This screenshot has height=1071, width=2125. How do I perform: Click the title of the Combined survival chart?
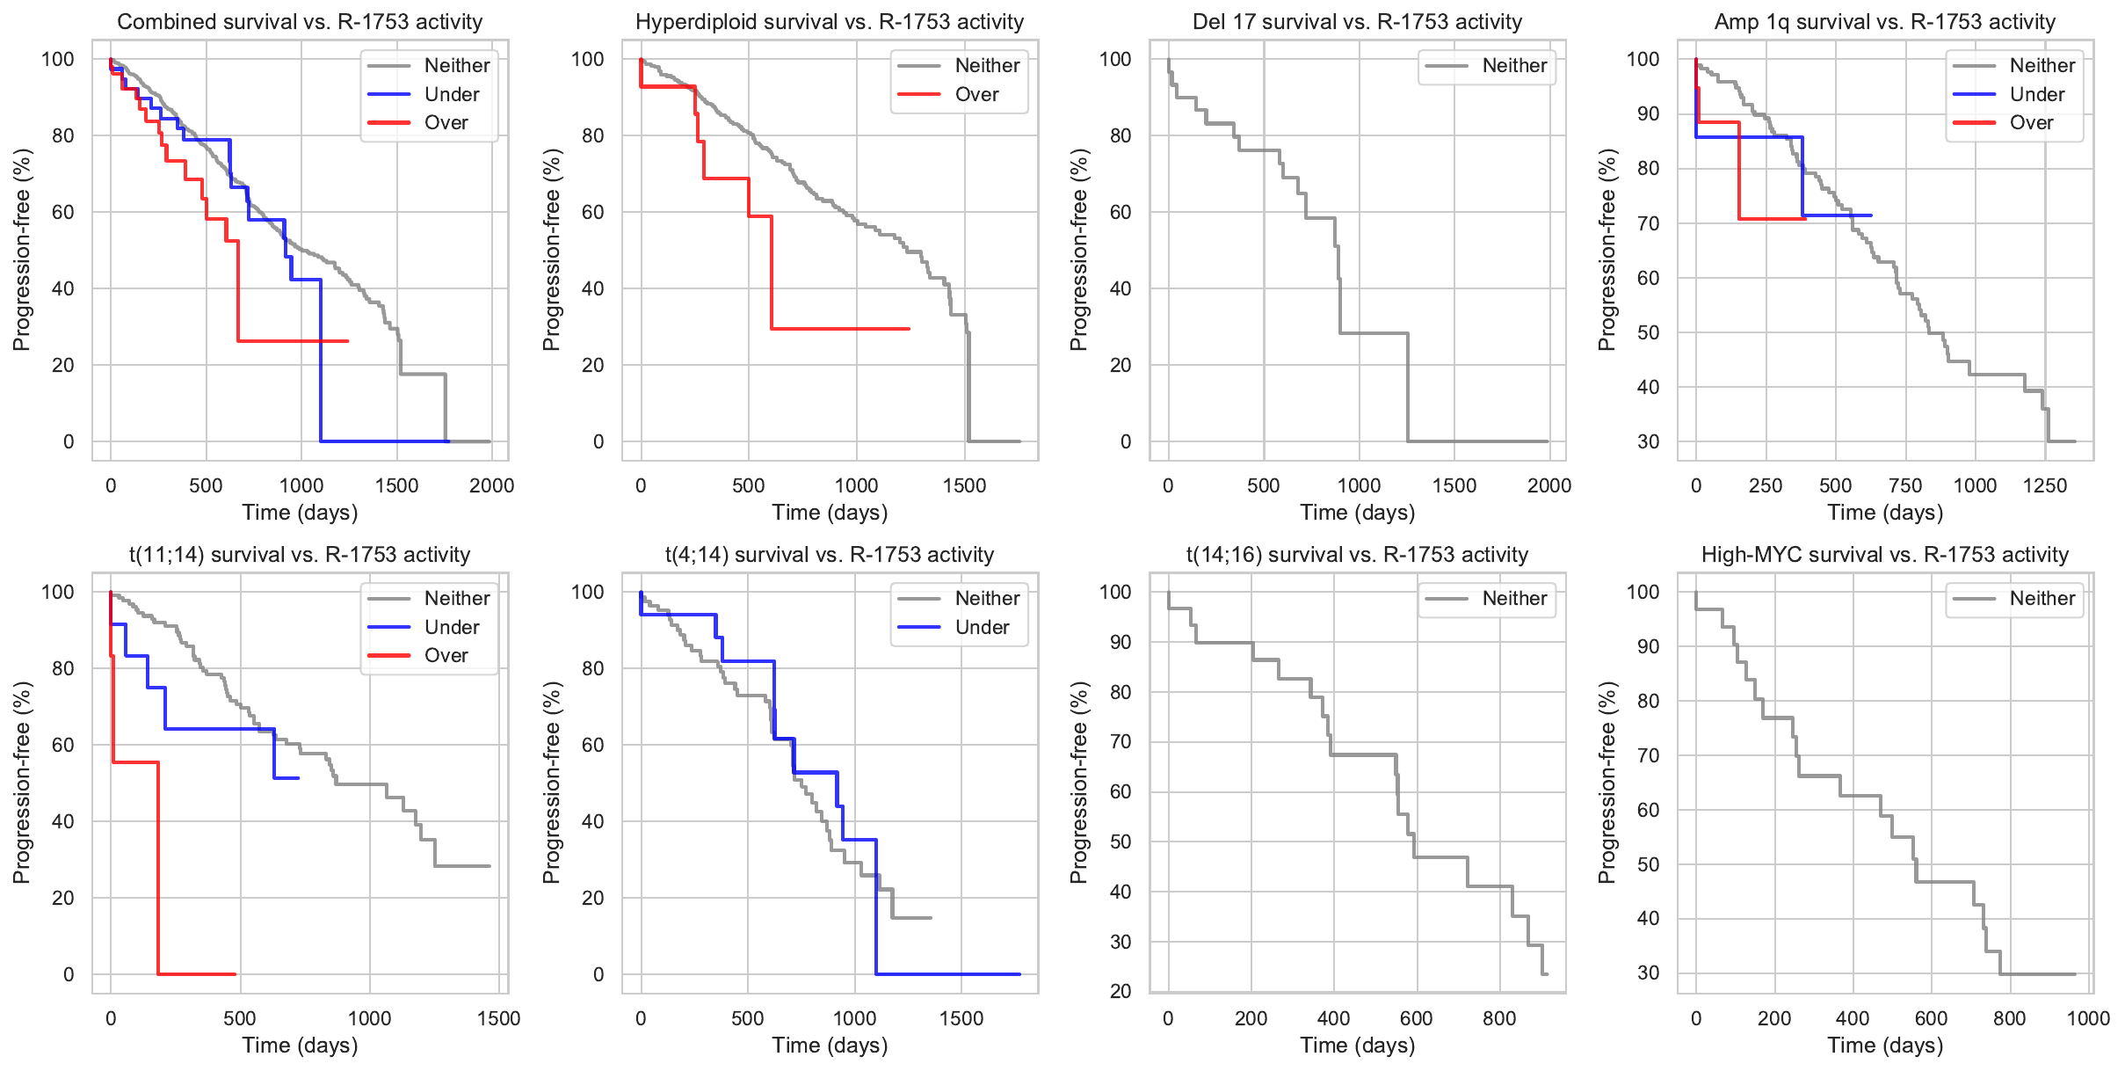pos(300,22)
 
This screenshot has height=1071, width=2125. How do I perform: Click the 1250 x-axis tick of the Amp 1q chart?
pos(2044,485)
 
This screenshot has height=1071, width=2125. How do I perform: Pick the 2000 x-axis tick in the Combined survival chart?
pos(491,485)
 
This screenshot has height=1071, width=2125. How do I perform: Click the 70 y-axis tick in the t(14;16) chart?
pos(1120,742)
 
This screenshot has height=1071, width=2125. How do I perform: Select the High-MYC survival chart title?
pos(1884,555)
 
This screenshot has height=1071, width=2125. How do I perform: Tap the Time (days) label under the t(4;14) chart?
pos(830,1045)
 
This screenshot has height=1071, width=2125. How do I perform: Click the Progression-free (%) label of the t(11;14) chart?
pos(22,783)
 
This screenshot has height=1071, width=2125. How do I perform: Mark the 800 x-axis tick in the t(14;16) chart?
pos(1498,1018)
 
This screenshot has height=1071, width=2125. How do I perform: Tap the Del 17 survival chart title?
pos(1357,22)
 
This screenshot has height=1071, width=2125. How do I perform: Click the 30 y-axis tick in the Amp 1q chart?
pos(1649,441)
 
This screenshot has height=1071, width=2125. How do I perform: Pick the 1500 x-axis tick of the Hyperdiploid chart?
pos(964,485)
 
